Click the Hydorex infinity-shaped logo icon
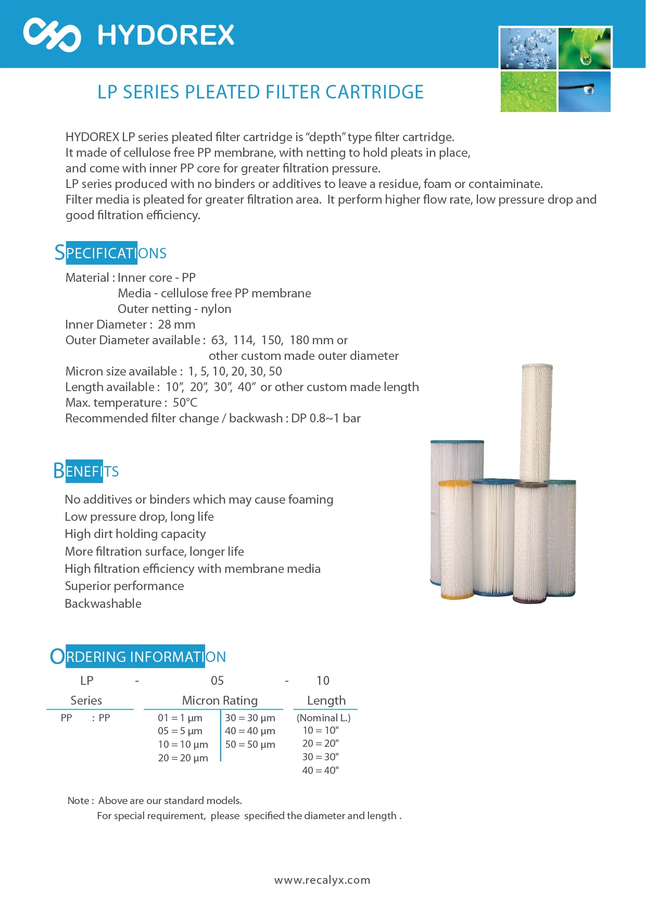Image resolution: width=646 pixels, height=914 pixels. point(52,35)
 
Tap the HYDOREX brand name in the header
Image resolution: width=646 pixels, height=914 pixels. point(166,35)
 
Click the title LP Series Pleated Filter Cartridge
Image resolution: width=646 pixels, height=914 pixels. point(260,92)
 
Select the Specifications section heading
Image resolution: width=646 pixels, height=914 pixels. point(110,253)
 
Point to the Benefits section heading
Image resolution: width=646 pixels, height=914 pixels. point(86,471)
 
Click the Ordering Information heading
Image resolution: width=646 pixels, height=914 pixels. point(138,657)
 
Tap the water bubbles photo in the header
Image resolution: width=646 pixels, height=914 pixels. point(528,49)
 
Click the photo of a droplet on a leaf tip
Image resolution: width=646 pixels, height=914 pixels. point(584,49)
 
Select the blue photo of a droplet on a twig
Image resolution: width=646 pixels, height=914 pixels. point(584,92)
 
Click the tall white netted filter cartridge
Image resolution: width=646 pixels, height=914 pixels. point(536,422)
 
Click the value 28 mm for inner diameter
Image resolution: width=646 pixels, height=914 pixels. point(176,325)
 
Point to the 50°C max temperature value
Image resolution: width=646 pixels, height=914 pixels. point(185,403)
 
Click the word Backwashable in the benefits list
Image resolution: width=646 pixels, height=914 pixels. point(103,604)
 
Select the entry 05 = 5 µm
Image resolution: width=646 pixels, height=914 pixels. point(180,731)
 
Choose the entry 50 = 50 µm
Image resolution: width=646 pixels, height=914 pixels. point(250,745)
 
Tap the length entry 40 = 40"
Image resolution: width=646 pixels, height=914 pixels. point(320,770)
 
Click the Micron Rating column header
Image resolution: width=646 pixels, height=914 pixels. point(220,700)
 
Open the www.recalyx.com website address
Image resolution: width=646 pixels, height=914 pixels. point(322,880)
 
